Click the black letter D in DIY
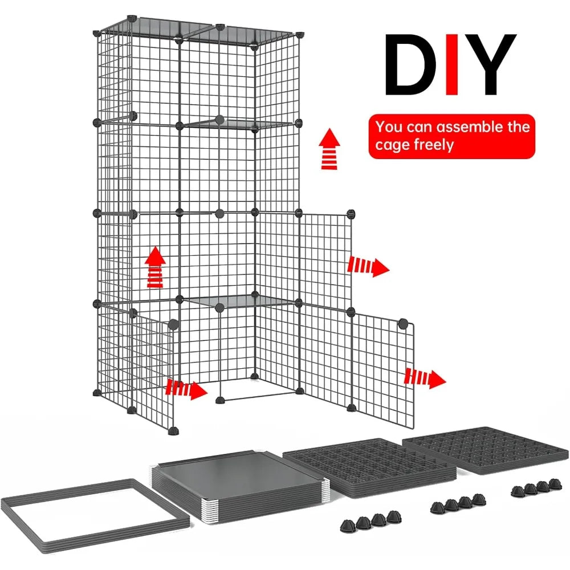click(x=412, y=64)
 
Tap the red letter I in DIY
click(x=451, y=64)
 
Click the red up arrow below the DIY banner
click(x=328, y=149)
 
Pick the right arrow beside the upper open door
click(x=368, y=266)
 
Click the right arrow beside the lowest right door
click(x=425, y=378)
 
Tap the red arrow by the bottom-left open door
click(x=186, y=389)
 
